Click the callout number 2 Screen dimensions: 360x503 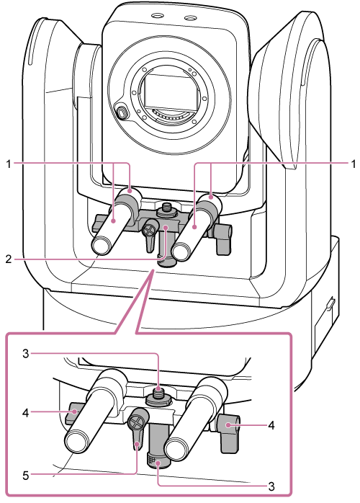tap(9, 259)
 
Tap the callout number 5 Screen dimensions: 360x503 tap(26, 476)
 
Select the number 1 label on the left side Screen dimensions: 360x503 tap(9, 164)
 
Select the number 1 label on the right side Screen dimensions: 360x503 tap(353, 164)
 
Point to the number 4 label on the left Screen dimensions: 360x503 tap(26, 412)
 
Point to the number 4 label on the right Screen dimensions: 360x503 tap(271, 426)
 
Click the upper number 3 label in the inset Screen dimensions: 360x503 tap(26, 354)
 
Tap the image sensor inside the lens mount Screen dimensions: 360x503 tap(169, 90)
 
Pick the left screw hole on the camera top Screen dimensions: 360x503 tap(157, 15)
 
